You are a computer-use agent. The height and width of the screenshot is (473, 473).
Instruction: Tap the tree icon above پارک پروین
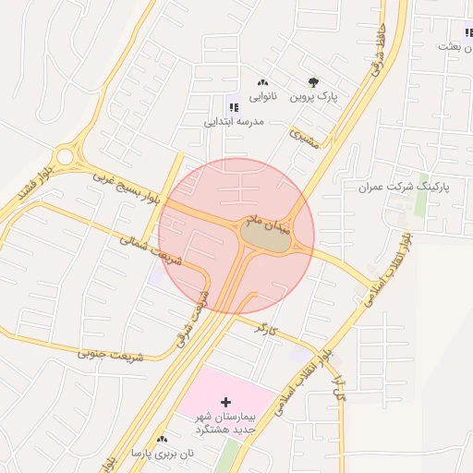[314, 80]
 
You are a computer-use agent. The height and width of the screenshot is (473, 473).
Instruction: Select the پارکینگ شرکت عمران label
[403, 187]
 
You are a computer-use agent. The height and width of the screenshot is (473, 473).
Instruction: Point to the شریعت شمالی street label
[151, 249]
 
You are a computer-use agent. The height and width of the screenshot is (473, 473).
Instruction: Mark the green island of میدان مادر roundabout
[264, 237]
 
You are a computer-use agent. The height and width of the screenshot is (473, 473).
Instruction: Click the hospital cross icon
[225, 403]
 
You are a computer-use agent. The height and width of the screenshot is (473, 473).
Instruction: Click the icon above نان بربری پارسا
[163, 439]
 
